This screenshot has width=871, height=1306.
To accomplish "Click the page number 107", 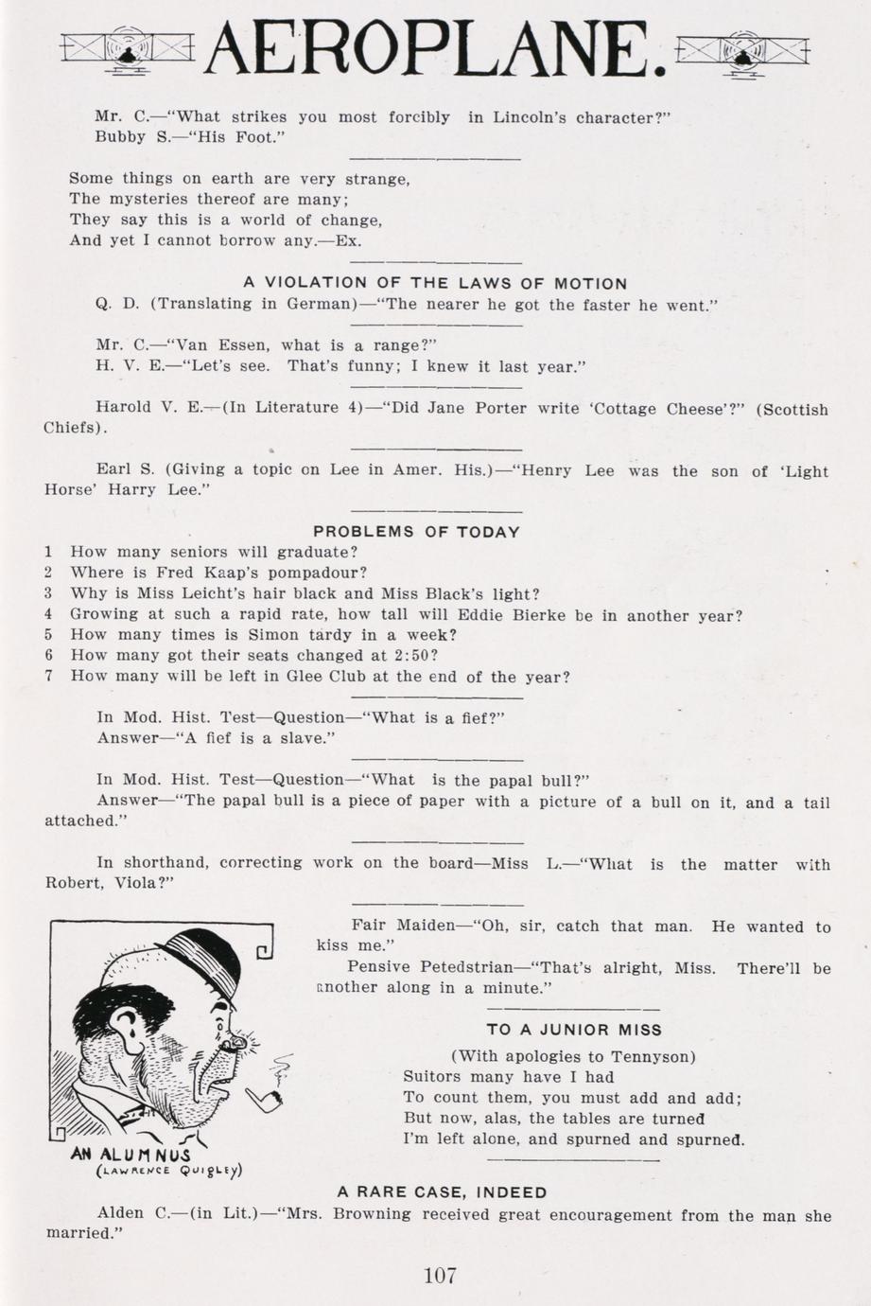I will point(440,1275).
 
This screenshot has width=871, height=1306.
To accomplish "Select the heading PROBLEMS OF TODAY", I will point(416,532).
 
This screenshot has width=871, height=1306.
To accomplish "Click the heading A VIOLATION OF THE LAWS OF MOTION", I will point(435,283).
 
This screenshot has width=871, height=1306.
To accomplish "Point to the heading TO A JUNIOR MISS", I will point(574,1030).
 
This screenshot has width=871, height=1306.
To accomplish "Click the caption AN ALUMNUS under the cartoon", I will point(131,1156).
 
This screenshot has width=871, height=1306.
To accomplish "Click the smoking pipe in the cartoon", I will point(263,1096).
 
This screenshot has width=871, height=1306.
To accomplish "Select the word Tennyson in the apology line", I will point(653,1056).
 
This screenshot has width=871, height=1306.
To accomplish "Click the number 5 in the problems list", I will point(48,635).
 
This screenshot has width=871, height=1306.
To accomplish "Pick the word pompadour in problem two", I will point(324,573).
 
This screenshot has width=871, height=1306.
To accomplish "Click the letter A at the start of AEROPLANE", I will point(231,47).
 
